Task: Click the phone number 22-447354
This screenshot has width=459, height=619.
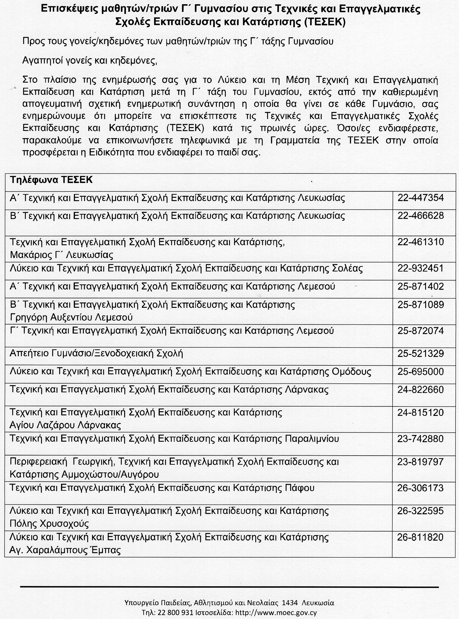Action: (x=421, y=198)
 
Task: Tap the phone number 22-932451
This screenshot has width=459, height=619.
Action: (x=421, y=268)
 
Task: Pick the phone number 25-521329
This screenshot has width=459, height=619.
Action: (x=421, y=354)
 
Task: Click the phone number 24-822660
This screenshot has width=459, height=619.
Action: (x=421, y=390)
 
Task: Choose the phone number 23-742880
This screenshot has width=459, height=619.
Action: (x=421, y=439)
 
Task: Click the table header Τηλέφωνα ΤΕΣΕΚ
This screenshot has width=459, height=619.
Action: (x=51, y=180)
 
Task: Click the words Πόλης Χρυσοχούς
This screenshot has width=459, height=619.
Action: (x=49, y=524)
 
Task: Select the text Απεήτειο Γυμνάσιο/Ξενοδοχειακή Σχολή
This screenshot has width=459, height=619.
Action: (x=96, y=354)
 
